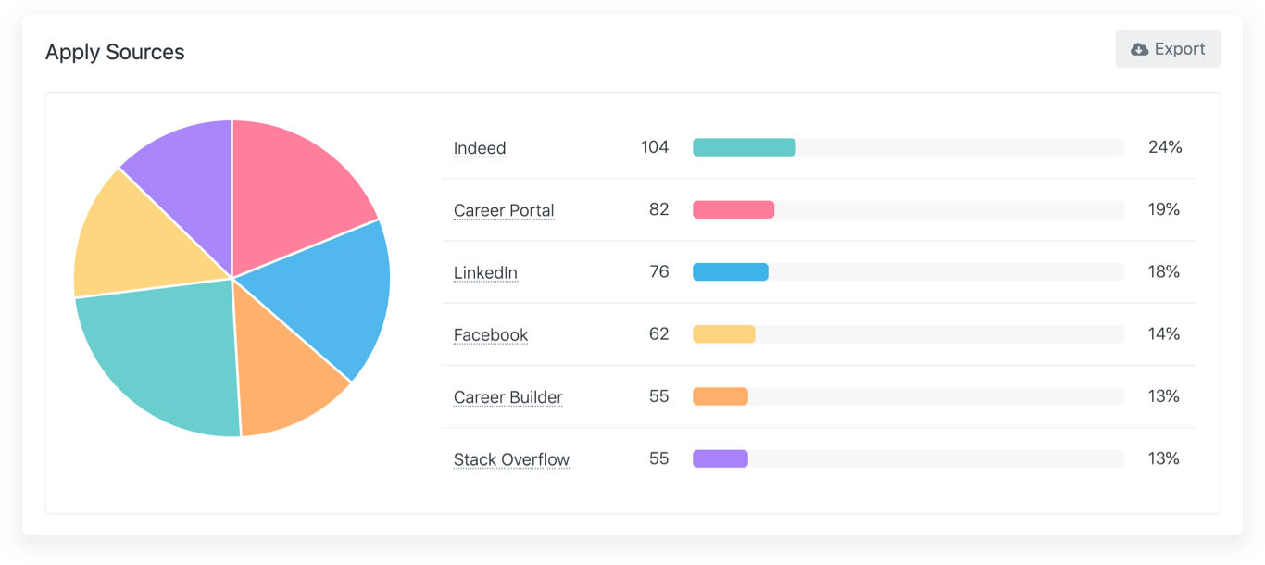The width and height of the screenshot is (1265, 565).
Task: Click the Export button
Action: (1168, 49)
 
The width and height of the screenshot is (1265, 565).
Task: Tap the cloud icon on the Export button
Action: (1140, 49)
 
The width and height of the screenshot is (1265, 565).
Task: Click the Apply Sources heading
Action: (115, 53)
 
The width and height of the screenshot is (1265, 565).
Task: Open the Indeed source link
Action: (480, 148)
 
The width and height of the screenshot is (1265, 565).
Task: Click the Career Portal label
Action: (504, 210)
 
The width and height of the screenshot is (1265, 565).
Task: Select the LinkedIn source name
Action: (485, 272)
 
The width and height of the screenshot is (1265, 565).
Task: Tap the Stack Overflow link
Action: (511, 459)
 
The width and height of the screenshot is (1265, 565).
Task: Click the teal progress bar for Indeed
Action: (745, 147)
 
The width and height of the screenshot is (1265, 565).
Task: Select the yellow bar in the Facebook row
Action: (724, 334)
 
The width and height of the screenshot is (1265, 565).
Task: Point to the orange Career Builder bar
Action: (720, 396)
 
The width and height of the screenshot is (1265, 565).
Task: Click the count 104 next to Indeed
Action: (655, 147)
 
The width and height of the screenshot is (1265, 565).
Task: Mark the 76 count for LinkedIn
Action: (658, 271)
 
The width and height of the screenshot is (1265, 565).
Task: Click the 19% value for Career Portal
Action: (1164, 209)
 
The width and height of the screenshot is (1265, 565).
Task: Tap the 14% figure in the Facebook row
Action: (1164, 333)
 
